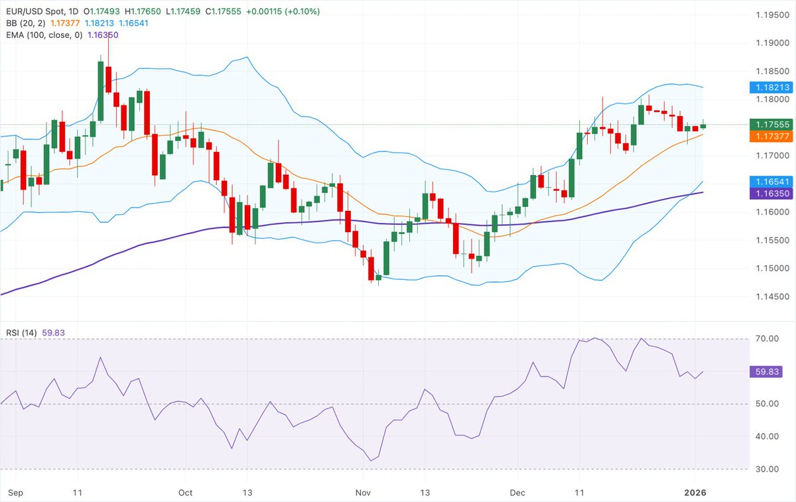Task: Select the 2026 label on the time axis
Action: pos(696,493)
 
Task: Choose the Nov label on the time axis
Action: pos(362,493)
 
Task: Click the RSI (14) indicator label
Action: pos(20,333)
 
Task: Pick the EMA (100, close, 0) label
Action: pos(41,34)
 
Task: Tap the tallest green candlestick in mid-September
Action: pos(101,92)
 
